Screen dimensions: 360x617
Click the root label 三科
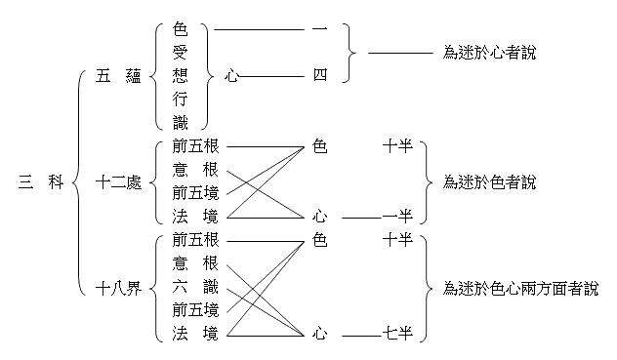(x=40, y=182)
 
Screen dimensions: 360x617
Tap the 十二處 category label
(x=118, y=182)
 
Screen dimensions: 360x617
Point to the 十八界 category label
(x=118, y=288)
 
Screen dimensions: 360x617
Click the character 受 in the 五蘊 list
(x=179, y=52)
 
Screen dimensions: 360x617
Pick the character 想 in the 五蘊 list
(x=179, y=75)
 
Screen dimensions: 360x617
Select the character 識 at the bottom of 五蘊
(x=179, y=121)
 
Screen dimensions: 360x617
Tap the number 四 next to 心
(x=319, y=75)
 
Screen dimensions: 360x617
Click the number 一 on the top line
(x=319, y=29)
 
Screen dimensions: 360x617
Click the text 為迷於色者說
(x=488, y=182)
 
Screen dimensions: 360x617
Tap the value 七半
(x=397, y=334)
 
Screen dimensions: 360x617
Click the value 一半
(x=397, y=216)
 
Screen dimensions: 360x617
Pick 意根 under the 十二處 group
(x=194, y=170)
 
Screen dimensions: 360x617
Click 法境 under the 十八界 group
(x=194, y=334)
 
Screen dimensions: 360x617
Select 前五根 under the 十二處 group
(x=194, y=146)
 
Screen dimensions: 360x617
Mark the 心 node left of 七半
(x=319, y=334)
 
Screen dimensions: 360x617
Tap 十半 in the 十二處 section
(x=397, y=146)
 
